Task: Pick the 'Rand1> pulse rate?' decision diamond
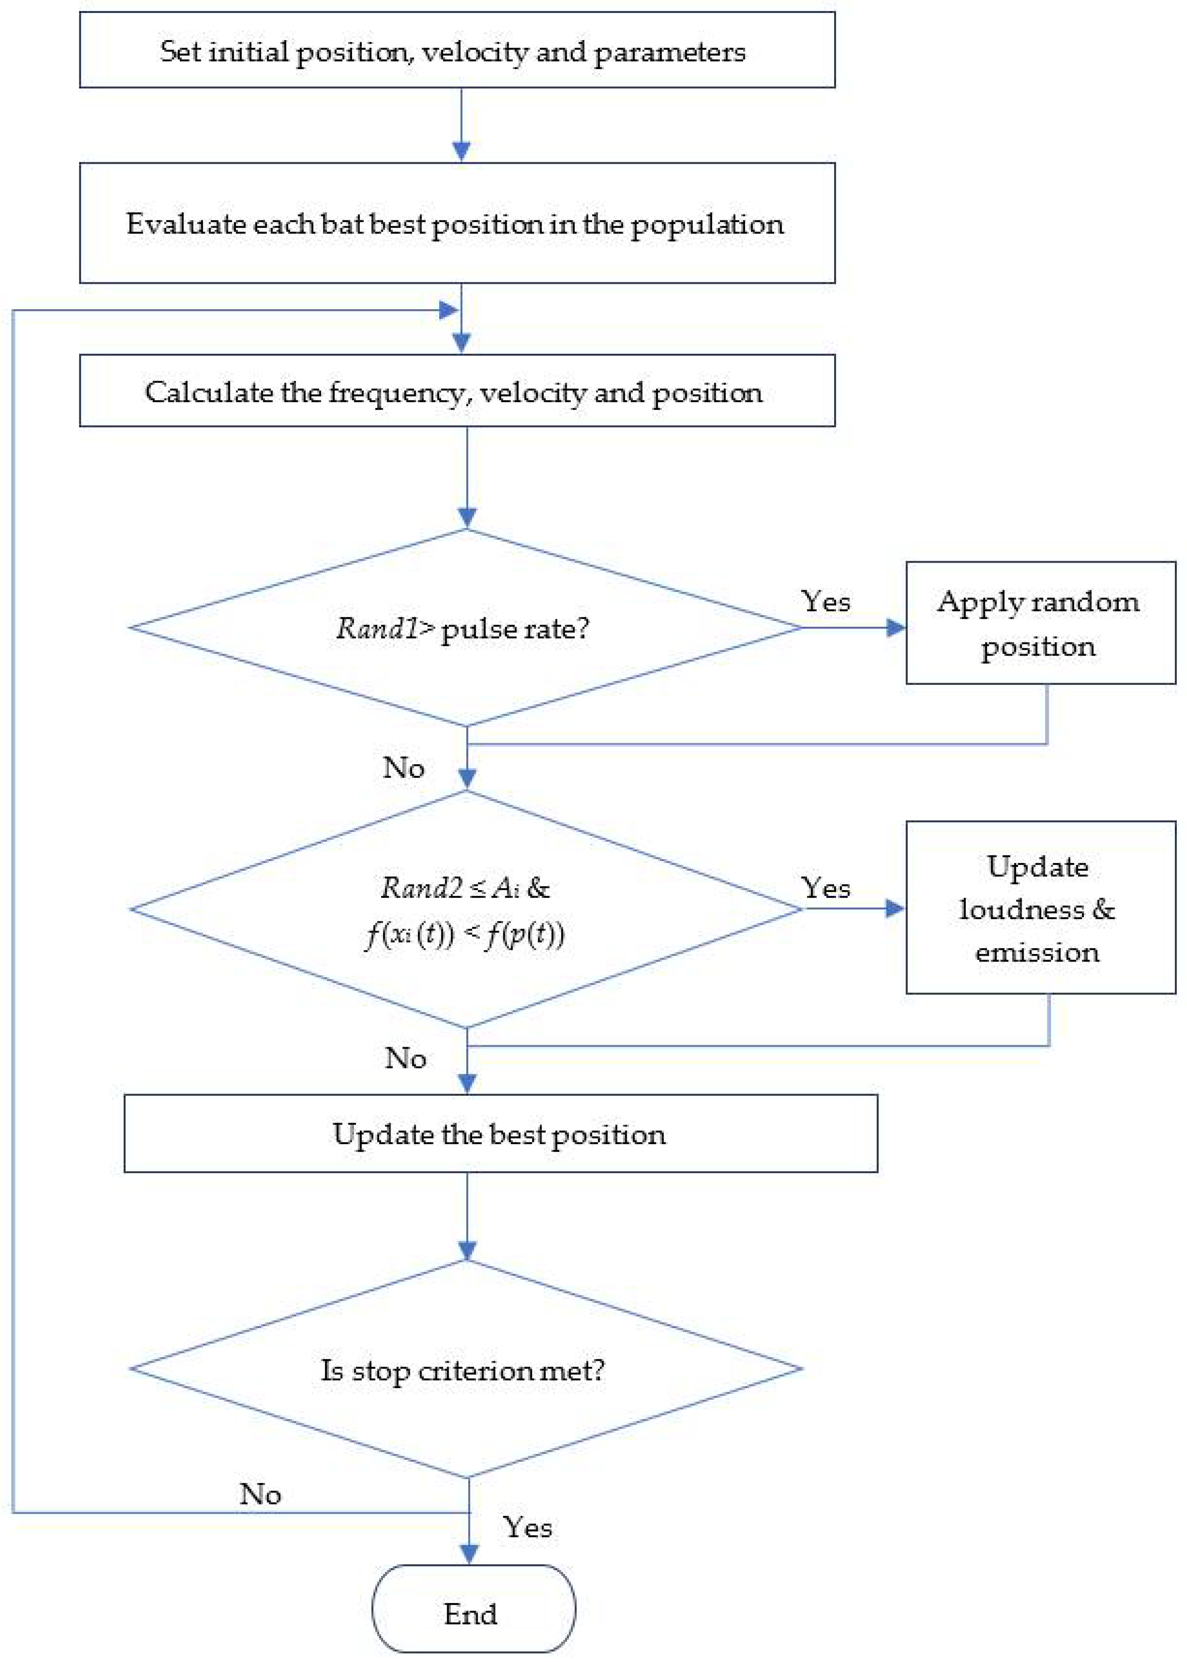click(466, 627)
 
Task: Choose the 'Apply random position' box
click(1040, 623)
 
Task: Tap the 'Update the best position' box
click(501, 1134)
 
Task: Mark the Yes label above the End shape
click(527, 1527)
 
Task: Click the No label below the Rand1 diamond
click(404, 768)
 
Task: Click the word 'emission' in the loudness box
click(1037, 952)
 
